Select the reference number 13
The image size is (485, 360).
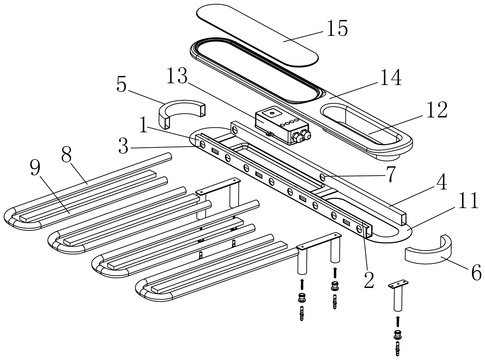click(x=176, y=76)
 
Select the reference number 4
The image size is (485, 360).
click(x=441, y=182)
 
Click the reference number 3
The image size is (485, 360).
click(x=123, y=147)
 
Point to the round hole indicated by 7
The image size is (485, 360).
click(x=322, y=178)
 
